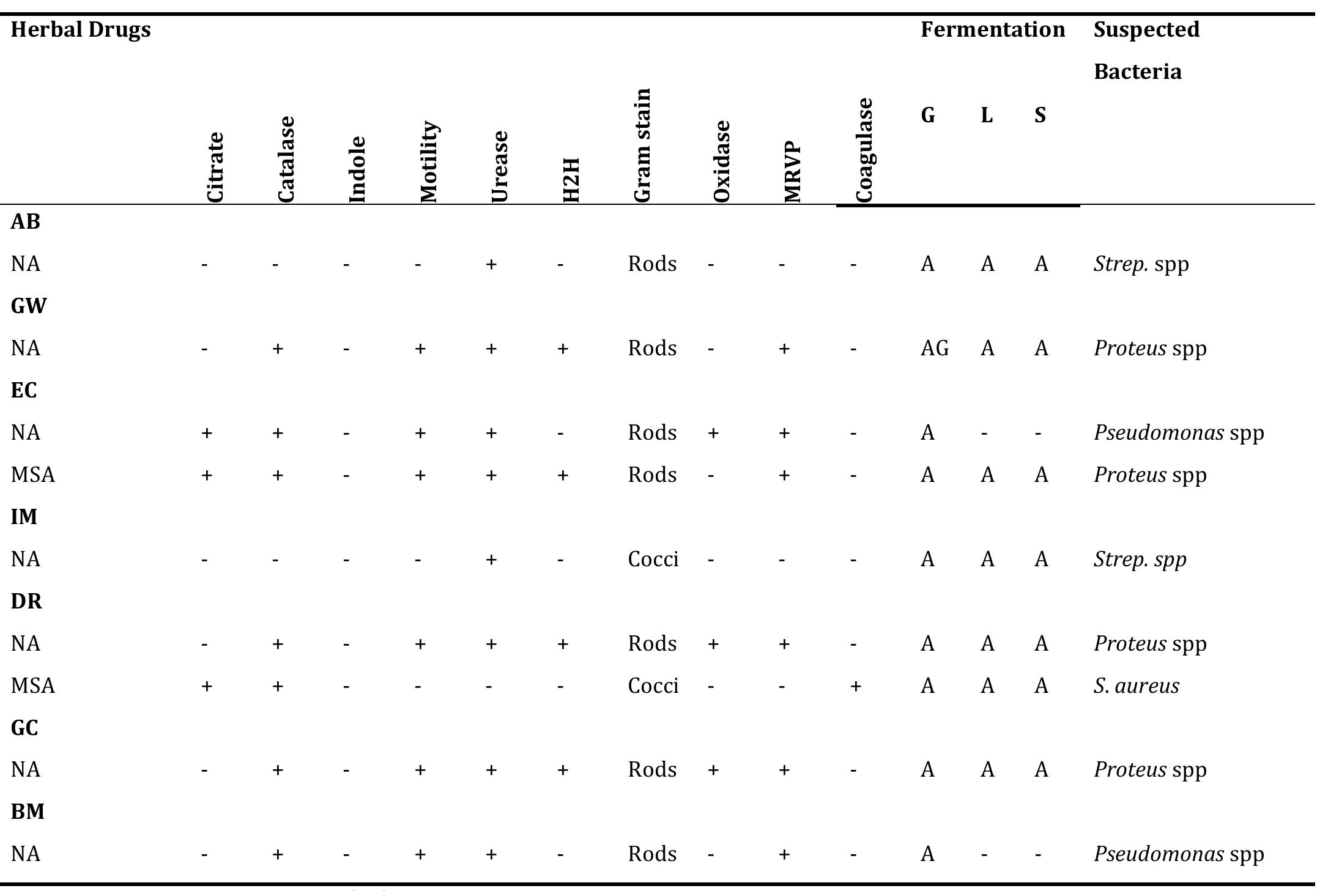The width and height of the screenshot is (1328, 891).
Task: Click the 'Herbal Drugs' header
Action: click(81, 30)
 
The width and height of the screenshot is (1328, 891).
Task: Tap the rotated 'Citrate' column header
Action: click(215, 166)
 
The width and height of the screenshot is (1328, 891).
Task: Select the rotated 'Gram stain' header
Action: click(642, 145)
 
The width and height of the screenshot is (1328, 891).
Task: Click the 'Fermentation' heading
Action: click(993, 30)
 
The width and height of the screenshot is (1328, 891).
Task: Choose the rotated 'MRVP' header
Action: click(793, 171)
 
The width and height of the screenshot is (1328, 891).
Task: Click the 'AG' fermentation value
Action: click(934, 349)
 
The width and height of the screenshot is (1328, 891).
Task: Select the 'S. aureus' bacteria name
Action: click(1136, 686)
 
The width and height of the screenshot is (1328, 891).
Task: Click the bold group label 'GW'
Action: click(28, 306)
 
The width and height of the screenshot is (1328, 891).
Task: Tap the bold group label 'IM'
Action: click(24, 517)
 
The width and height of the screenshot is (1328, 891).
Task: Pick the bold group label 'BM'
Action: click(28, 812)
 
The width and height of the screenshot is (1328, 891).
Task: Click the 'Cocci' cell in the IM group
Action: click(653, 560)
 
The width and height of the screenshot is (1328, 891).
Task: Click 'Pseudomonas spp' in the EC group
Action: click(1178, 433)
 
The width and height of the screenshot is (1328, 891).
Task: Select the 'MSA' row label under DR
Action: click(33, 686)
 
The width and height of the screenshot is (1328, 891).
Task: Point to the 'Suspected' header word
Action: click(1146, 30)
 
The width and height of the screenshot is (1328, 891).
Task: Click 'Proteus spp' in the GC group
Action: click(1150, 770)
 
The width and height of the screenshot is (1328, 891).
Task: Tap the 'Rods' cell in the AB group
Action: click(652, 264)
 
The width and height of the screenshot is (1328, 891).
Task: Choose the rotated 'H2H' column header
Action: click(571, 180)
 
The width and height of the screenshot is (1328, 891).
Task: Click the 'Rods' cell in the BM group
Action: click(652, 854)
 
